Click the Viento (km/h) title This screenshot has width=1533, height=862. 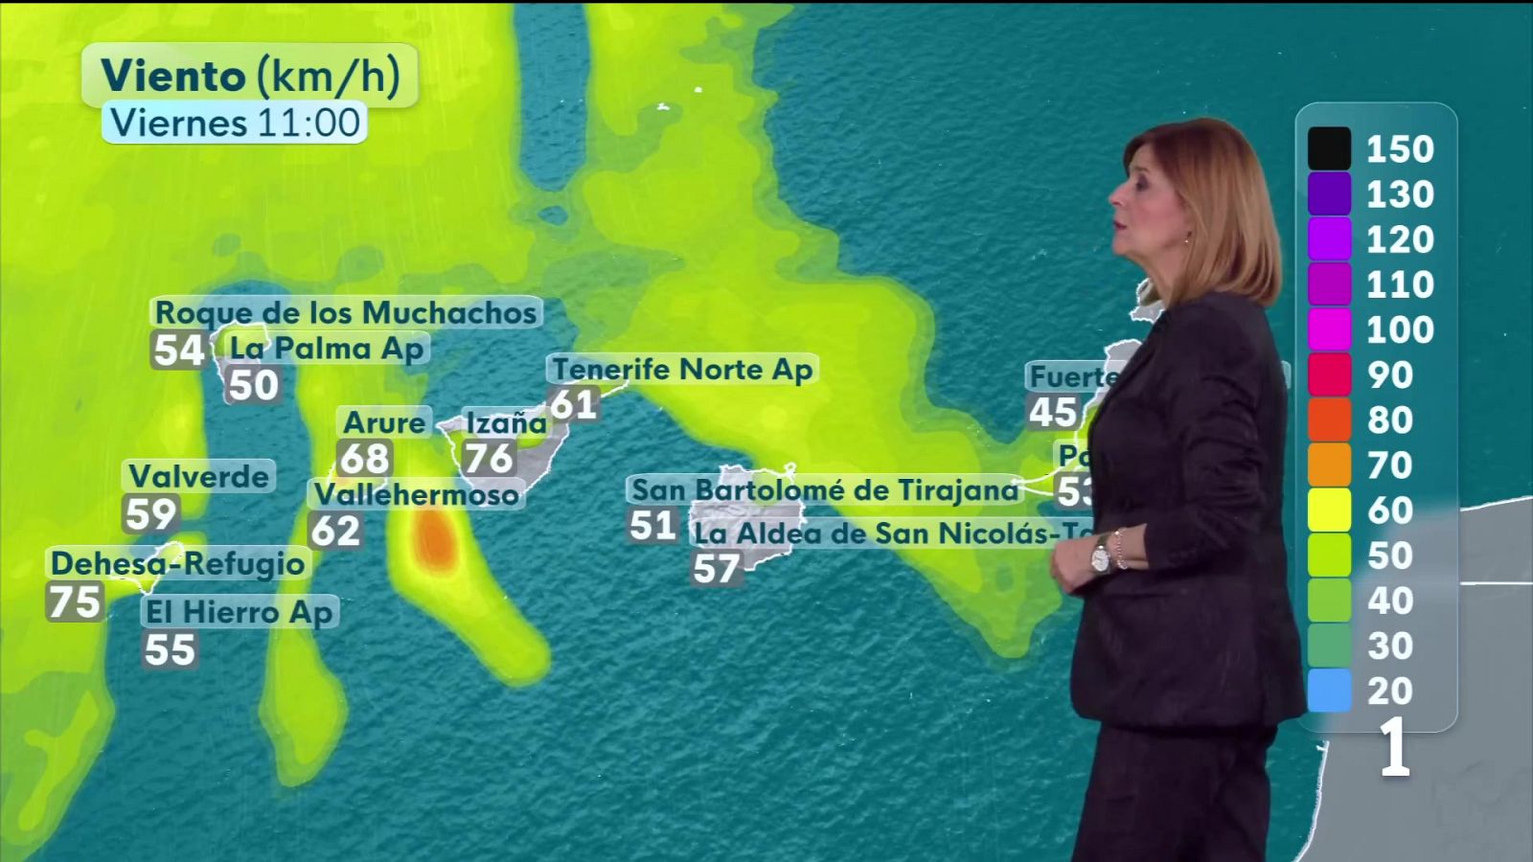[249, 76]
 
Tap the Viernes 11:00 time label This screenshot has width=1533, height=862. [235, 123]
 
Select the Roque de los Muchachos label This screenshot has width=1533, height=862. [346, 312]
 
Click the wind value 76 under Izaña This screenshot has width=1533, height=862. [489, 458]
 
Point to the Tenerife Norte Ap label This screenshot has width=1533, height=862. [682, 369]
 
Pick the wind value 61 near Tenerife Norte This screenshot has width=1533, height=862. [574, 404]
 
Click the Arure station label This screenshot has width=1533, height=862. [384, 422]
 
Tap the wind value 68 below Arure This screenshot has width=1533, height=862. [365, 459]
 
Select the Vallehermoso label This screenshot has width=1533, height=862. [416, 494]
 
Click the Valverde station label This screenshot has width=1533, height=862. [199, 476]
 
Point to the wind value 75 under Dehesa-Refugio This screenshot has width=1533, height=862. [75, 602]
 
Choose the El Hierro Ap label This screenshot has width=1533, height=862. [240, 612]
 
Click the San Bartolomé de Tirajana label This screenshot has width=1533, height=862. [825, 490]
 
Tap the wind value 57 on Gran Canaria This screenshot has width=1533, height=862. [716, 569]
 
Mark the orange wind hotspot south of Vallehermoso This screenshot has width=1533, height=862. [433, 538]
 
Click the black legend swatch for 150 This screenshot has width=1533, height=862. [1329, 148]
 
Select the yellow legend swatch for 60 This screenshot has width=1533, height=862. [1329, 510]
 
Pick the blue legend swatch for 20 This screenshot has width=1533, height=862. [1329, 691]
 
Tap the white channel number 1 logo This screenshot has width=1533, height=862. [1394, 748]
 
